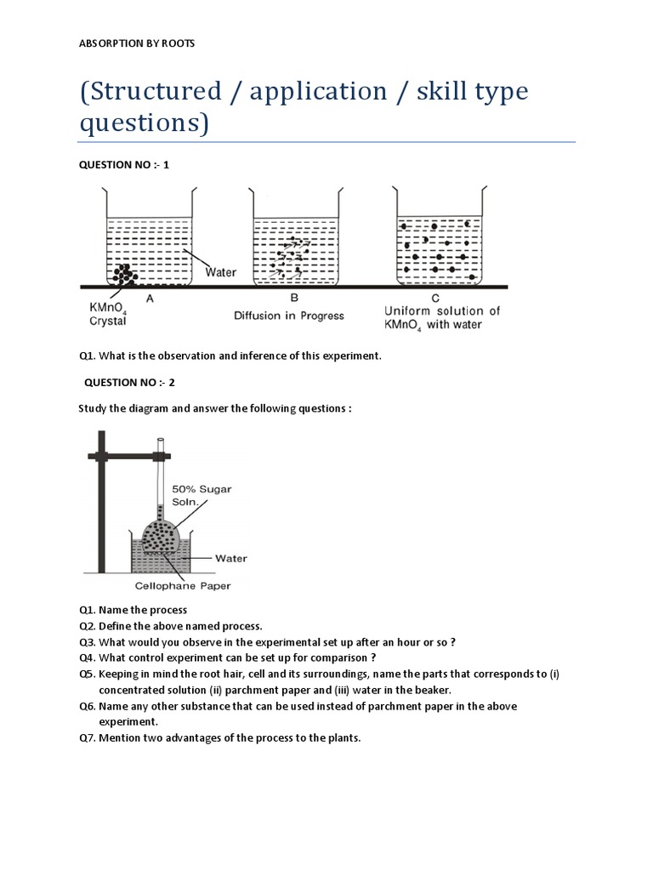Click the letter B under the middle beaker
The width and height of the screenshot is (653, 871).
tap(294, 298)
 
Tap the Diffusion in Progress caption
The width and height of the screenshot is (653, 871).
tap(289, 316)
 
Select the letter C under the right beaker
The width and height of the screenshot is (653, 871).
tap(435, 298)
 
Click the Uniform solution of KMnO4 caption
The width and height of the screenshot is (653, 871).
tap(442, 317)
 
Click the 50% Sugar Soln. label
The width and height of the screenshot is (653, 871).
tap(202, 496)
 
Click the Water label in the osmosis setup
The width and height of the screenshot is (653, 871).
tap(230, 559)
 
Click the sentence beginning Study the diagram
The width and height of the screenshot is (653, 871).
tap(214, 409)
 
